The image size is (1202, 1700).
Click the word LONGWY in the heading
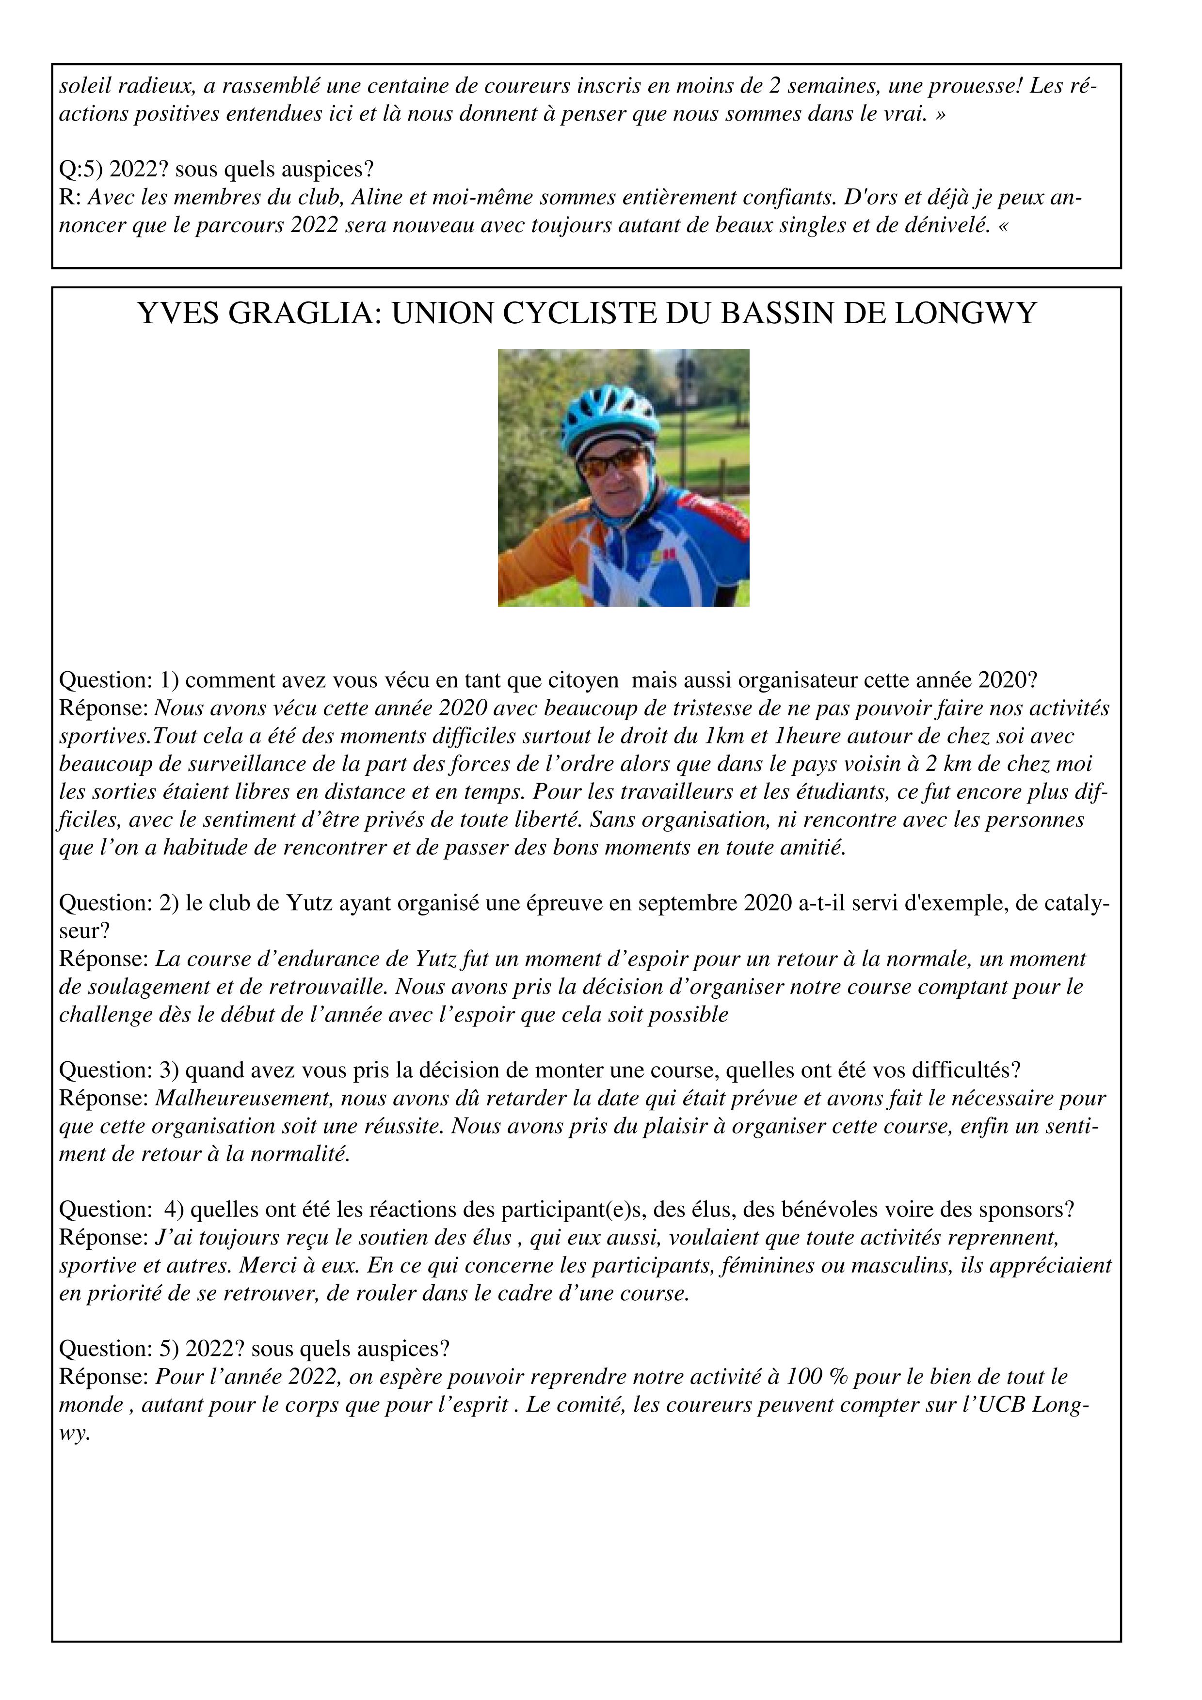965,314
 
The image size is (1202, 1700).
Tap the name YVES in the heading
178,314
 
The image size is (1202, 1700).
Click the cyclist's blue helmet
609,415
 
